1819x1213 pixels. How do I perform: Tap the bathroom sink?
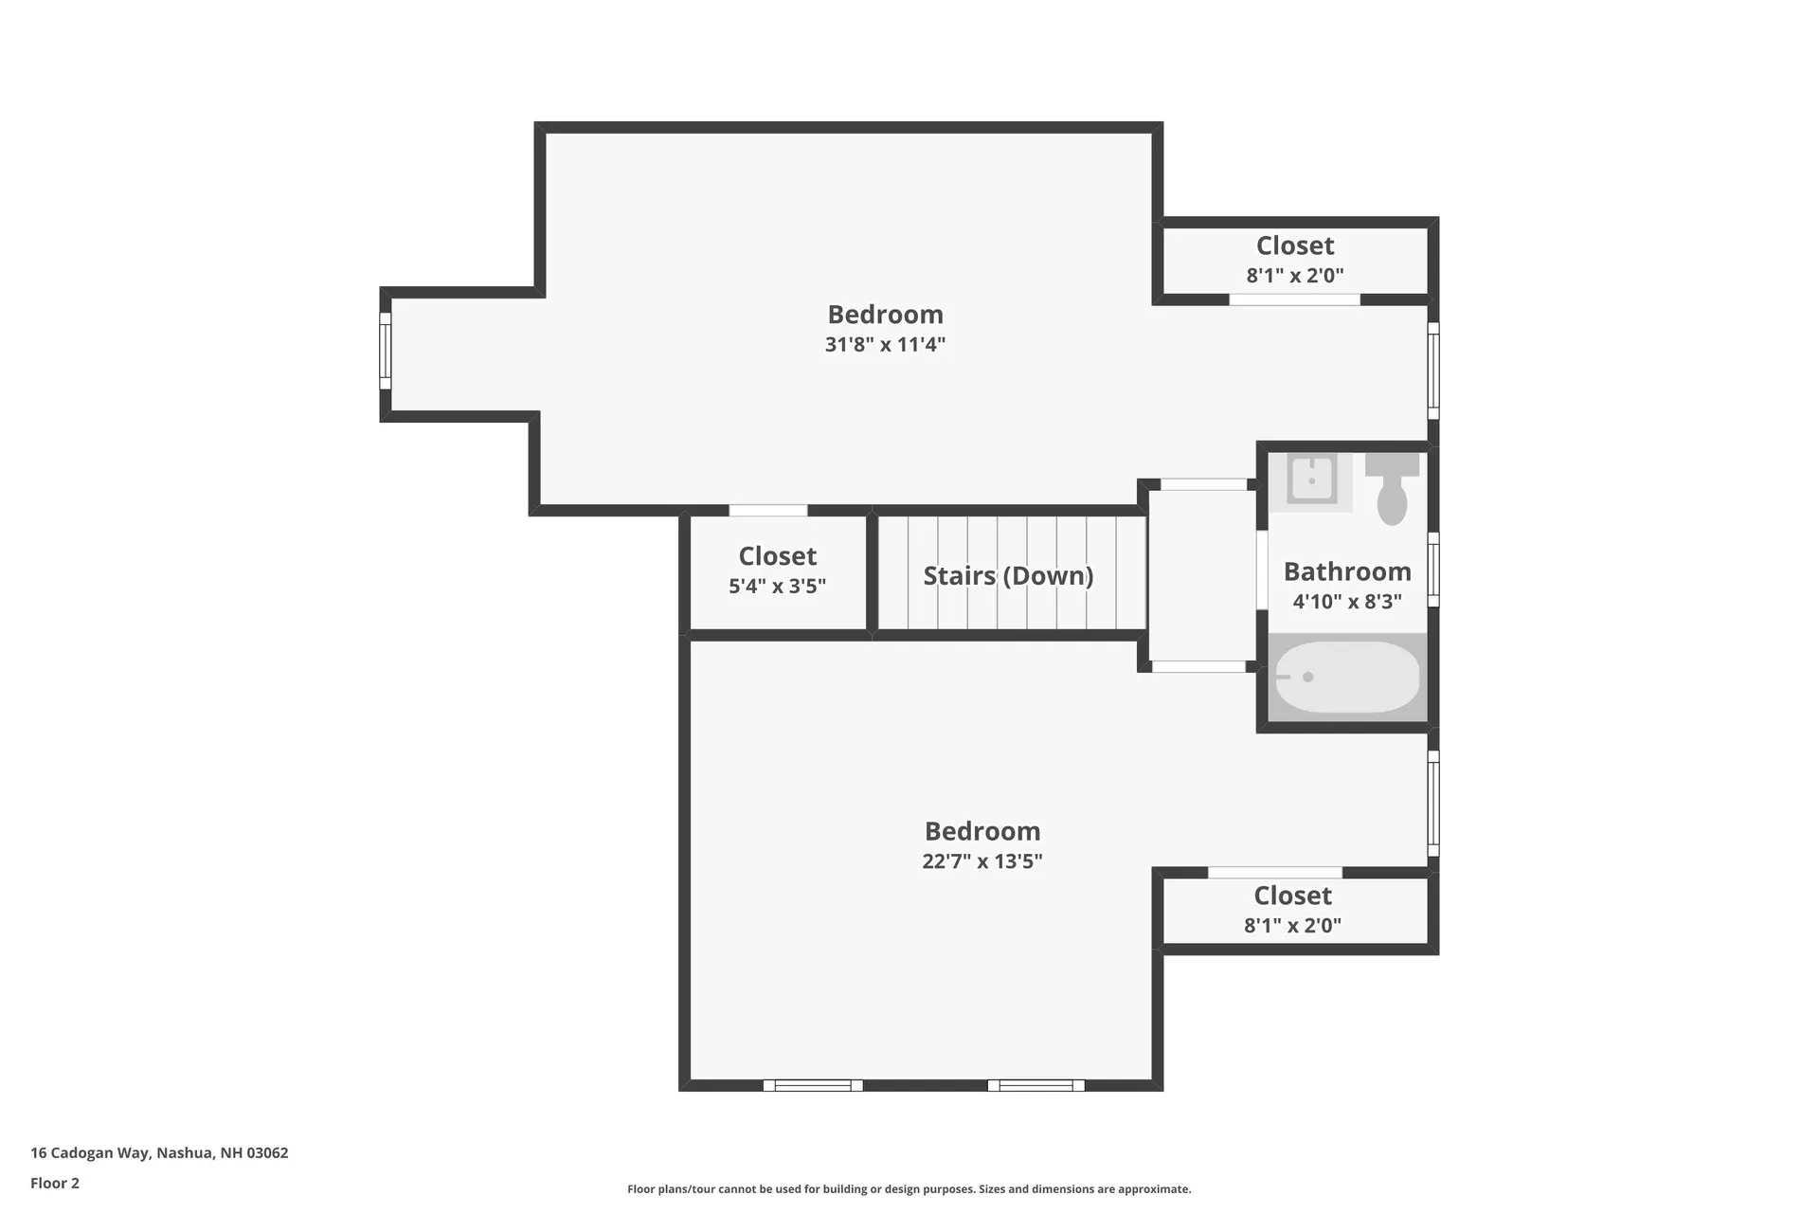1311,480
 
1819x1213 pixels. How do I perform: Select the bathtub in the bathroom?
1347,677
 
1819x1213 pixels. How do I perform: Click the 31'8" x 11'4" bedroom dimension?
885,344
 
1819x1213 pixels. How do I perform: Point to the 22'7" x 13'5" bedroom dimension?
982,861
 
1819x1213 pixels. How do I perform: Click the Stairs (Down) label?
1008,575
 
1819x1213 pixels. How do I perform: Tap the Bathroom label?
1347,571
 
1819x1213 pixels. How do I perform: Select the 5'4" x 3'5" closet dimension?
777,587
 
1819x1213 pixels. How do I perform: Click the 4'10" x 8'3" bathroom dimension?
1347,602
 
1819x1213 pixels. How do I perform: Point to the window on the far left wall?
386,351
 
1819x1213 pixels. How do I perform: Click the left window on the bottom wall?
813,1085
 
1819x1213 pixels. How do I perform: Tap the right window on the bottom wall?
1036,1085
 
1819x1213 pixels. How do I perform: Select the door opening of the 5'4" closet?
767,511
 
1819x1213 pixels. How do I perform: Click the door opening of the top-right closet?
1294,299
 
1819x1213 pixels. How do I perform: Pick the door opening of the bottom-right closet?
1275,873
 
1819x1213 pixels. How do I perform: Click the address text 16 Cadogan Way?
159,1153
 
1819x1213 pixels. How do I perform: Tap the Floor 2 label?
55,1183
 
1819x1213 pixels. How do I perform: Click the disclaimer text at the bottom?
909,1189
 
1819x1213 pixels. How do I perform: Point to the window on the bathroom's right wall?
1433,570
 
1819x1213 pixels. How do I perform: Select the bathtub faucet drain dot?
1308,677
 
